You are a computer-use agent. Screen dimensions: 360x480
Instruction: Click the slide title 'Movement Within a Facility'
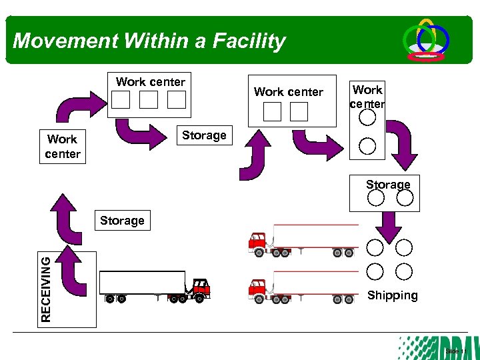click(149, 41)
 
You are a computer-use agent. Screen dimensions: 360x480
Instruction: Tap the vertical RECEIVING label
click(45, 289)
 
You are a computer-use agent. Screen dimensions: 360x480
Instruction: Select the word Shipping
click(392, 295)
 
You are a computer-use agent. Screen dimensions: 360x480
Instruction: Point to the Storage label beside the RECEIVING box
click(122, 220)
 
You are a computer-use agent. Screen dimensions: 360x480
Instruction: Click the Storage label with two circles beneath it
click(388, 184)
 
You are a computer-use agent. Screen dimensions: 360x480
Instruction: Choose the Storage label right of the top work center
click(204, 135)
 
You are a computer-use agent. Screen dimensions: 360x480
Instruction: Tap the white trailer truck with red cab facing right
click(154, 286)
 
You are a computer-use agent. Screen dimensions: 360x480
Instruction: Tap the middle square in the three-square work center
click(149, 100)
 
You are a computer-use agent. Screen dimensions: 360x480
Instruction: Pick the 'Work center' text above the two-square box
click(289, 92)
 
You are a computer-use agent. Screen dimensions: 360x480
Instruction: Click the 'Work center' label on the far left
click(63, 147)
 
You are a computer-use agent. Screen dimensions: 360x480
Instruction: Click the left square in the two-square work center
click(272, 112)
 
